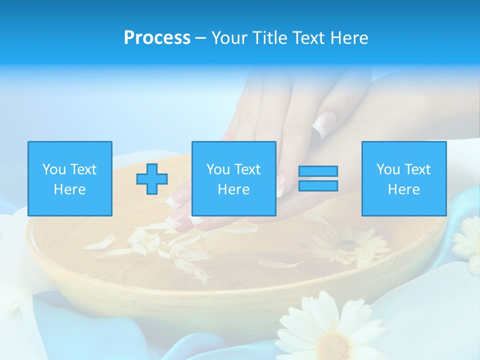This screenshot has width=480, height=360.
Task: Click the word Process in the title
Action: pyautogui.click(x=157, y=38)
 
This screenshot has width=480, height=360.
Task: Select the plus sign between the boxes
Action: pyautogui.click(x=152, y=179)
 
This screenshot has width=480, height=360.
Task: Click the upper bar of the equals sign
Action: pyautogui.click(x=318, y=171)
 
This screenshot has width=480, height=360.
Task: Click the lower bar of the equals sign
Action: pyautogui.click(x=318, y=186)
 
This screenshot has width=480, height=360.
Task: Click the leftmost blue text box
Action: pyautogui.click(x=69, y=178)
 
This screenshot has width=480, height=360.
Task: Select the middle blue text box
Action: pyautogui.click(x=233, y=178)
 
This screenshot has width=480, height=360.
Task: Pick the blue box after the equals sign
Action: pyautogui.click(x=403, y=178)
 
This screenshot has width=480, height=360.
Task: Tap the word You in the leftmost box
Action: pyautogui.click(x=54, y=169)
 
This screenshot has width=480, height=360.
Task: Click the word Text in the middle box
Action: pyautogui.click(x=247, y=169)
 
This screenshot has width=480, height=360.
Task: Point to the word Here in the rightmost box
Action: pyautogui.click(x=403, y=189)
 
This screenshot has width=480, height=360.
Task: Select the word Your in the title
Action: pyautogui.click(x=228, y=38)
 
